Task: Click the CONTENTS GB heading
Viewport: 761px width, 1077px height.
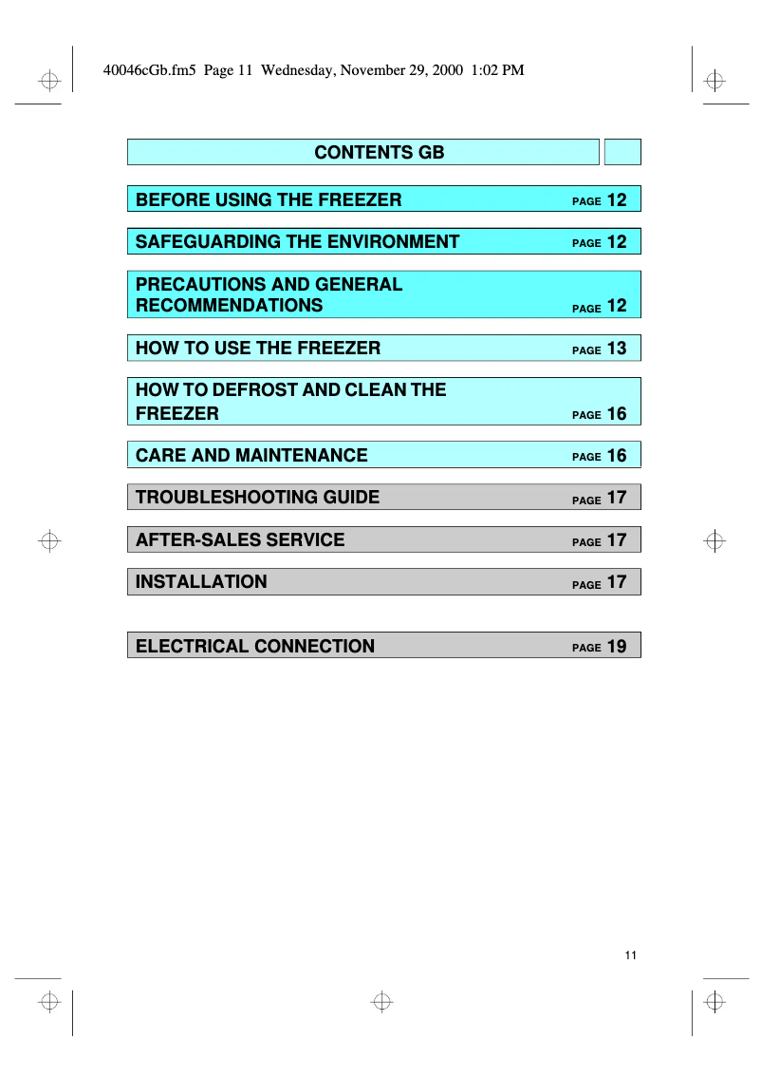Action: tap(379, 153)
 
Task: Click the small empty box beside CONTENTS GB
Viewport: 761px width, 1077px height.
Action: tap(622, 153)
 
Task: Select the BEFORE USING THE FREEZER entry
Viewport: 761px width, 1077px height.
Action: tap(269, 199)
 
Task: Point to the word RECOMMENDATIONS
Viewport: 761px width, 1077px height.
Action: tap(229, 306)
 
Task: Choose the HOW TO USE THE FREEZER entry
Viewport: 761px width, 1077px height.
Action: tap(258, 349)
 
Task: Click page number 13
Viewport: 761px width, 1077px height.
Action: tap(617, 349)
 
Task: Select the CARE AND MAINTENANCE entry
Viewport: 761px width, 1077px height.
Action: tap(251, 456)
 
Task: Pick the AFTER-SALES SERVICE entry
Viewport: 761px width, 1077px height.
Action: tap(240, 540)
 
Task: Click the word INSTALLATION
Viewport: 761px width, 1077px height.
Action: tap(201, 582)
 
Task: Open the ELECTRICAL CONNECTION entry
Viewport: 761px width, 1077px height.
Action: tap(255, 647)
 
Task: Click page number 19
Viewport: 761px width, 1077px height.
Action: tap(617, 647)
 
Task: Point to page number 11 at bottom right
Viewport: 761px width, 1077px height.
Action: tap(631, 955)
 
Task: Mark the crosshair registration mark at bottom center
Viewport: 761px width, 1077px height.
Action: tap(381, 1001)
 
